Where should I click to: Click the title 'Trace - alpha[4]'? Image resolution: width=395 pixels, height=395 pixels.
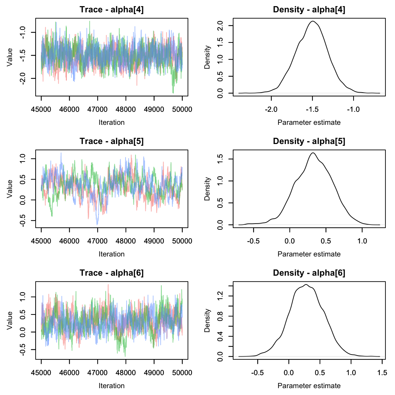pyautogui.click(x=111, y=10)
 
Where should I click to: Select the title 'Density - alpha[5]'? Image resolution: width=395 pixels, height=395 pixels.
pyautogui.click(x=309, y=141)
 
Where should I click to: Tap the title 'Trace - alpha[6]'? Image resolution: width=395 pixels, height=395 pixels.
pyautogui.click(x=111, y=273)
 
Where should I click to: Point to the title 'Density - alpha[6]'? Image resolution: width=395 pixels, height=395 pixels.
pyautogui.click(x=309, y=273)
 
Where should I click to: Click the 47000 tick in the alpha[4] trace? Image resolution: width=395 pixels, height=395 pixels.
pyautogui.click(x=98, y=109)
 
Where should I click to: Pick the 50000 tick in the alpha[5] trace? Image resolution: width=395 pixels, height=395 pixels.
pyautogui.click(x=182, y=241)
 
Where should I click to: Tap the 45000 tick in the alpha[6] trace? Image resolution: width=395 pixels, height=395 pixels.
pyautogui.click(x=41, y=373)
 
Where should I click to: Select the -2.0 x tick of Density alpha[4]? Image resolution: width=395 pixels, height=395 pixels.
pyautogui.click(x=271, y=109)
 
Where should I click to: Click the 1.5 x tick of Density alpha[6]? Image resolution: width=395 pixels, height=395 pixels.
pyautogui.click(x=382, y=373)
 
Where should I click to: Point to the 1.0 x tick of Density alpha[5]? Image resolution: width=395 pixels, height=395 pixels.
pyautogui.click(x=362, y=241)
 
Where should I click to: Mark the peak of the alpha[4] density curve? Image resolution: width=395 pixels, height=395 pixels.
pyautogui.click(x=312, y=21)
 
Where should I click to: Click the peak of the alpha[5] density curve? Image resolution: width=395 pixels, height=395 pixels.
pyautogui.click(x=313, y=153)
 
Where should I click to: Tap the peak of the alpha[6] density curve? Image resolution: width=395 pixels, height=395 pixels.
pyautogui.click(x=306, y=284)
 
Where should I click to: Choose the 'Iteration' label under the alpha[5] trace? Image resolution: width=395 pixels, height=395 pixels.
pyautogui.click(x=111, y=254)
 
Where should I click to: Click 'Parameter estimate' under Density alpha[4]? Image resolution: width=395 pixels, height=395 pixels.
pyautogui.click(x=309, y=122)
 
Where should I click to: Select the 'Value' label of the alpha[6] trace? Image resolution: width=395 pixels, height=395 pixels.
pyautogui.click(x=10, y=320)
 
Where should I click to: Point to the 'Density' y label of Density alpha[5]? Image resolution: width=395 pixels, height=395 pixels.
pyautogui.click(x=207, y=189)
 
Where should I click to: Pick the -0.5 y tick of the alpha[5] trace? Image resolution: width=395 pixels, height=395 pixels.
pyautogui.click(x=23, y=221)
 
